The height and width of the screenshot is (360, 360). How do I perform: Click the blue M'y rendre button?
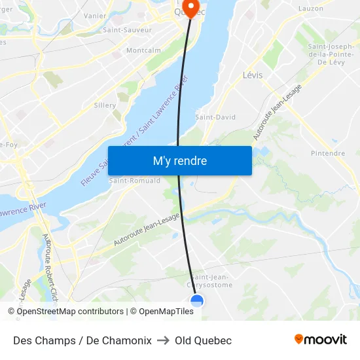(179, 160)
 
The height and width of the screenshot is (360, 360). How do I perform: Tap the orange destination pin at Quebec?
(191, 9)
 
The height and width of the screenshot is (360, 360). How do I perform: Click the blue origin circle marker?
(197, 300)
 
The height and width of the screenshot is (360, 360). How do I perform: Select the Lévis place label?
(252, 75)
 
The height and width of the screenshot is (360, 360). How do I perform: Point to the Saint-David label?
(215, 117)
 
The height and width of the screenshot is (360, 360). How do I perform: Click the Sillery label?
(105, 105)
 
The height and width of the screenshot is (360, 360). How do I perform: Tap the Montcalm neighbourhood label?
(143, 50)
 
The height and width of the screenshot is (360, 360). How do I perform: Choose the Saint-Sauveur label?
(127, 30)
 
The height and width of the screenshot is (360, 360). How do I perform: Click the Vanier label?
(95, 15)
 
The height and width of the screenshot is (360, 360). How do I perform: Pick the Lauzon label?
(311, 9)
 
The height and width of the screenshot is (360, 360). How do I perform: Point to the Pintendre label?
(328, 153)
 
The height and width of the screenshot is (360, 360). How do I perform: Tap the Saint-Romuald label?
(135, 181)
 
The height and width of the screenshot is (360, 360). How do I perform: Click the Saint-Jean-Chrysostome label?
(211, 280)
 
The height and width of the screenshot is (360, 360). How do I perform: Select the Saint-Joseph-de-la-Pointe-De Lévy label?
(331, 54)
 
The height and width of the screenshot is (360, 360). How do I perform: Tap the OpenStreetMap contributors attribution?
(66, 312)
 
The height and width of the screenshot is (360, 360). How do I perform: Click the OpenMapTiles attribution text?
(166, 312)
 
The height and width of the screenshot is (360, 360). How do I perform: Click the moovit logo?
(321, 339)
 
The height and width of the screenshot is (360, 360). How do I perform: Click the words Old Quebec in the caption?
(203, 340)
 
